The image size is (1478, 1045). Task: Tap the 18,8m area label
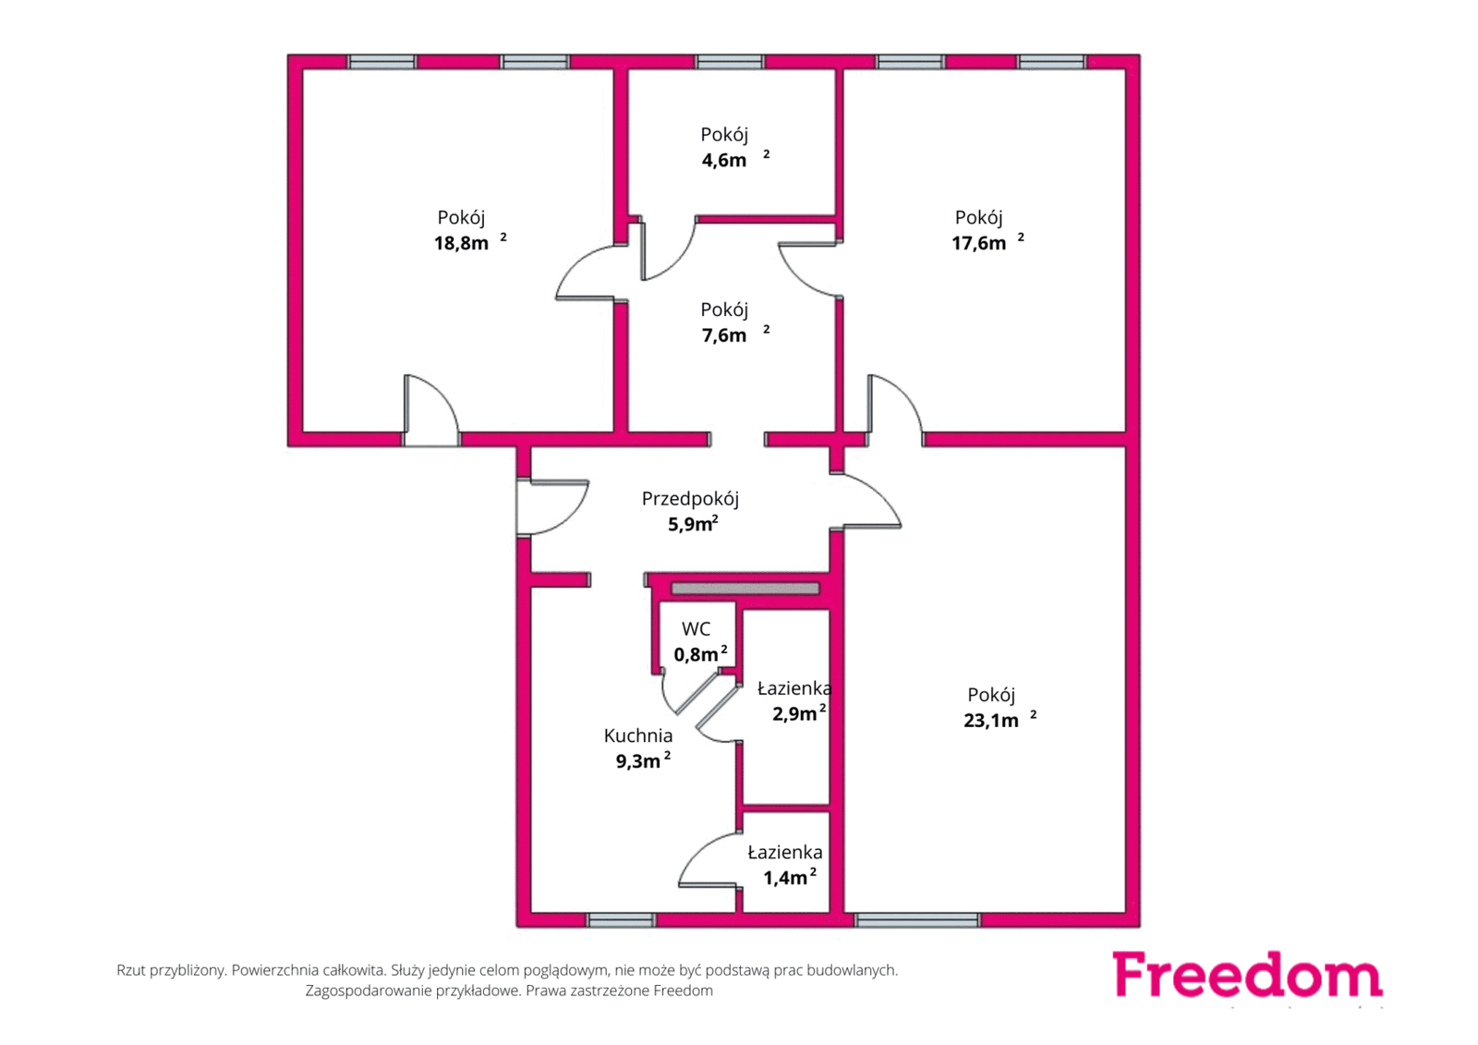[470, 242]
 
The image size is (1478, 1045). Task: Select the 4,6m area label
[734, 159]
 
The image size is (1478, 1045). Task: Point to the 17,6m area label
[987, 242]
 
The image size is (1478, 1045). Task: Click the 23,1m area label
[999, 720]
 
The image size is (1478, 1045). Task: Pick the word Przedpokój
[690, 499]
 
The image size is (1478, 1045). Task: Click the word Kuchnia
[638, 735]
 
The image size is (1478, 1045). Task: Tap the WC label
[697, 628]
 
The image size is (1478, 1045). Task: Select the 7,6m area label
[734, 334]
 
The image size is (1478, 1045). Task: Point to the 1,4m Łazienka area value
[790, 877]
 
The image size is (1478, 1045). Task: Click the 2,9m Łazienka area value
[799, 713]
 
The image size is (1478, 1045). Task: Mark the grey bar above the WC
[745, 589]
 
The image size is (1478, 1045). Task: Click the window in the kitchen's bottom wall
[621, 920]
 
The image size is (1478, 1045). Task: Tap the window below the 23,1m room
[917, 920]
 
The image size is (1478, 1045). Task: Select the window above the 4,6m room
[730, 62]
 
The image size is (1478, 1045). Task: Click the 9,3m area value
[643, 759]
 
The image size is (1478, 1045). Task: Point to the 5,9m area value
[693, 524]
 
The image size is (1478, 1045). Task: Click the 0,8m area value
[701, 653]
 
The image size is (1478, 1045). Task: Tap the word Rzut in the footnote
[131, 970]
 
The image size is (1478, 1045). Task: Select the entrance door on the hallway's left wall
[552, 507]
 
